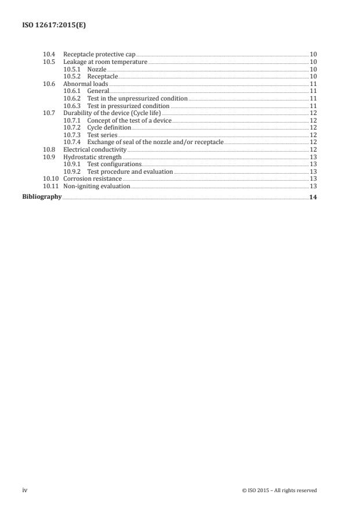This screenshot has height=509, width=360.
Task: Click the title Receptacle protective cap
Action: [99, 54]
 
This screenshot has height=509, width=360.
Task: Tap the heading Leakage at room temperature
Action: [105, 62]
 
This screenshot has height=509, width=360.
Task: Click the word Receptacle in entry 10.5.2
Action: [102, 76]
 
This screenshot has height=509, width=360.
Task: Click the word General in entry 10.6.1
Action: [98, 91]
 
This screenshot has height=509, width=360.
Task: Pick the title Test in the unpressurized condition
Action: [137, 99]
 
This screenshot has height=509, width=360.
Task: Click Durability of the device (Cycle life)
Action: [112, 113]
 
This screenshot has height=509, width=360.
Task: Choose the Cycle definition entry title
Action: [109, 127]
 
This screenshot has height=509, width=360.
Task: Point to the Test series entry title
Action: [102, 135]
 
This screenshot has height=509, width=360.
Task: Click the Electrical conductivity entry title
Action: [95, 149]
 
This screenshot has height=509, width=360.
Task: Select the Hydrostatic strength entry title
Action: [92, 157]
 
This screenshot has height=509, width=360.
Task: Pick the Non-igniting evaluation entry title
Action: [96, 186]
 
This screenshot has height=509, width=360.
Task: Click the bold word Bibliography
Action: [42, 197]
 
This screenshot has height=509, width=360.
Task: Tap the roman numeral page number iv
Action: [25, 490]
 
